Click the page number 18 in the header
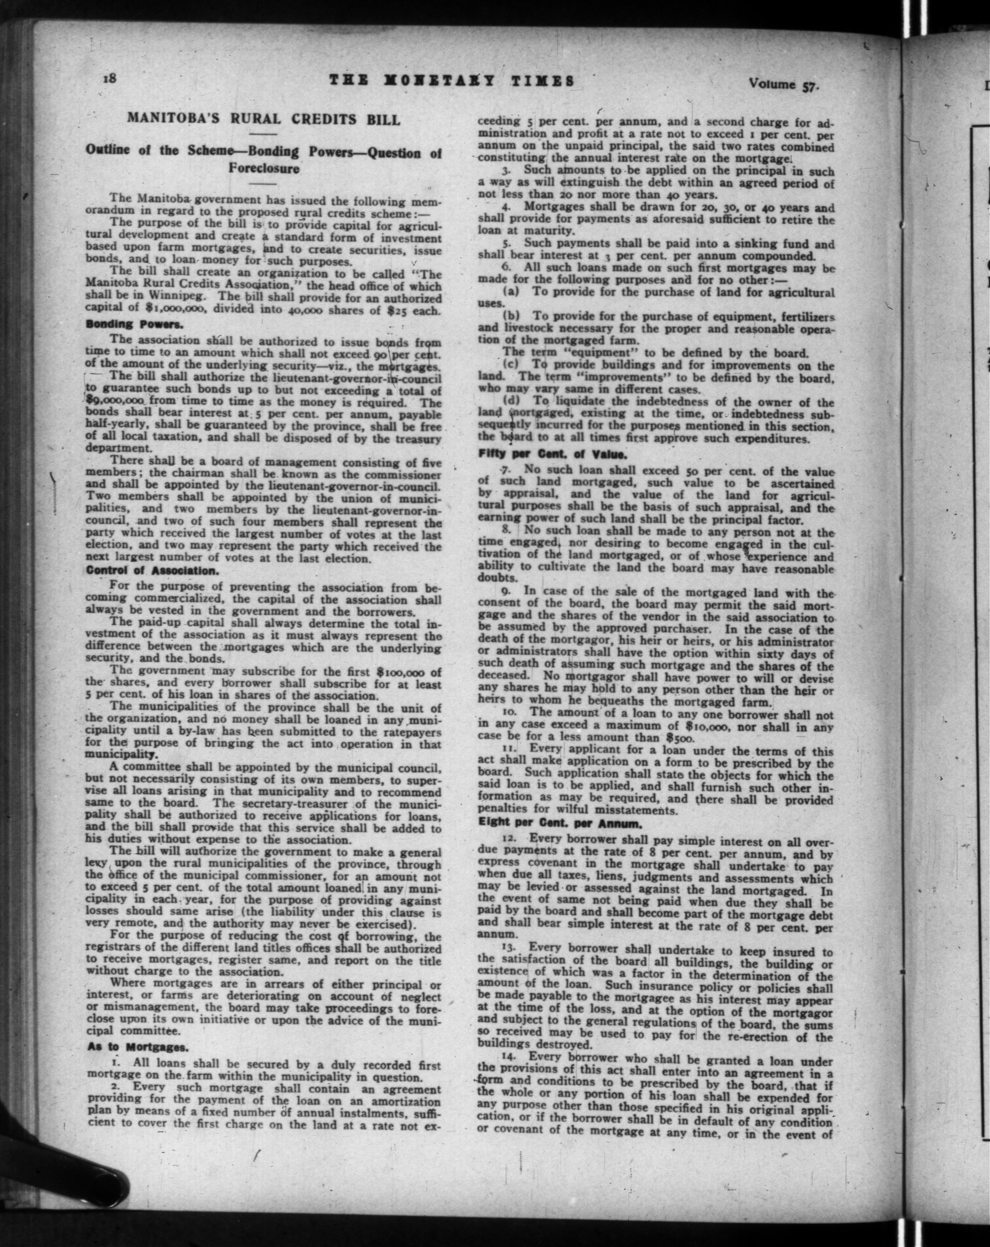point(110,79)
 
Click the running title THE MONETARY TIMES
point(451,81)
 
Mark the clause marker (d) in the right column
point(513,401)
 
